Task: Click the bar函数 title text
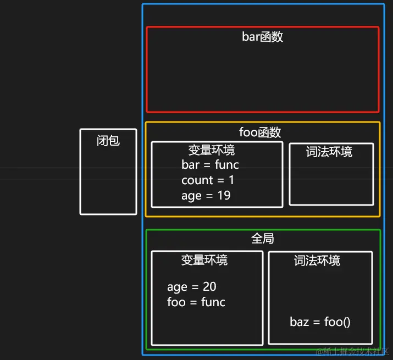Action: coord(262,37)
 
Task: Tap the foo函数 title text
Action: coord(260,132)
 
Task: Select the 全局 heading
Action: coord(262,239)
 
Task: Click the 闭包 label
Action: coord(108,141)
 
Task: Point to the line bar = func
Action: coord(210,164)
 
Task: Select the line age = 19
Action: coord(206,195)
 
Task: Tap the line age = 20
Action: coord(192,286)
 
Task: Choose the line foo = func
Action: coord(196,302)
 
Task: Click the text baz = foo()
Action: coord(320,322)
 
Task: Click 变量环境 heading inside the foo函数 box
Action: coord(211,150)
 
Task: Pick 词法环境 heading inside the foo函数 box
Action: coord(329,152)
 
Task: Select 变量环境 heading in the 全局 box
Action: coord(204,260)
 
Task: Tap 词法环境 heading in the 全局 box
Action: coord(317,261)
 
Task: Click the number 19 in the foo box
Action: coord(223,195)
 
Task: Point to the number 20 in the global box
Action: coord(209,286)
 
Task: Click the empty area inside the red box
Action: coord(262,77)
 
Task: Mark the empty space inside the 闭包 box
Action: coord(108,181)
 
